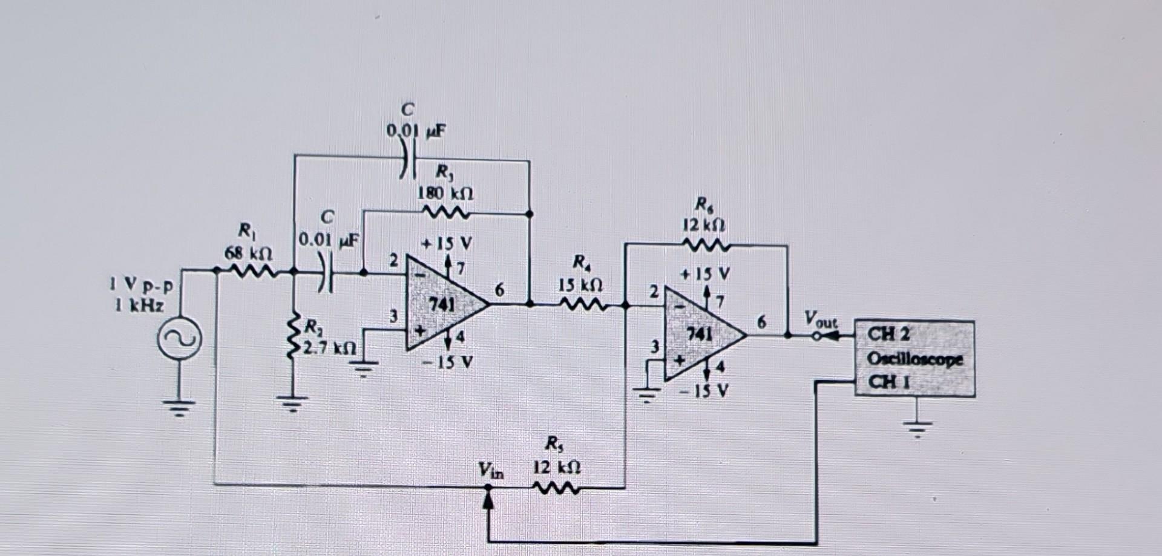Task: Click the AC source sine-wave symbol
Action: click(179, 341)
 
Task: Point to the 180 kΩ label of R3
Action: click(446, 194)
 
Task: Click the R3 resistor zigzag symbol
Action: click(446, 213)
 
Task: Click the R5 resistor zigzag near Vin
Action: click(556, 487)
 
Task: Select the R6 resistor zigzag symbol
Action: click(705, 245)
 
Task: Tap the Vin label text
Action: click(490, 470)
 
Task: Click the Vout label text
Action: click(820, 319)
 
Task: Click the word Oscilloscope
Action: click(914, 359)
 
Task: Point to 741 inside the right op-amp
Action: click(700, 333)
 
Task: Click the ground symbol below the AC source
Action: click(179, 409)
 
